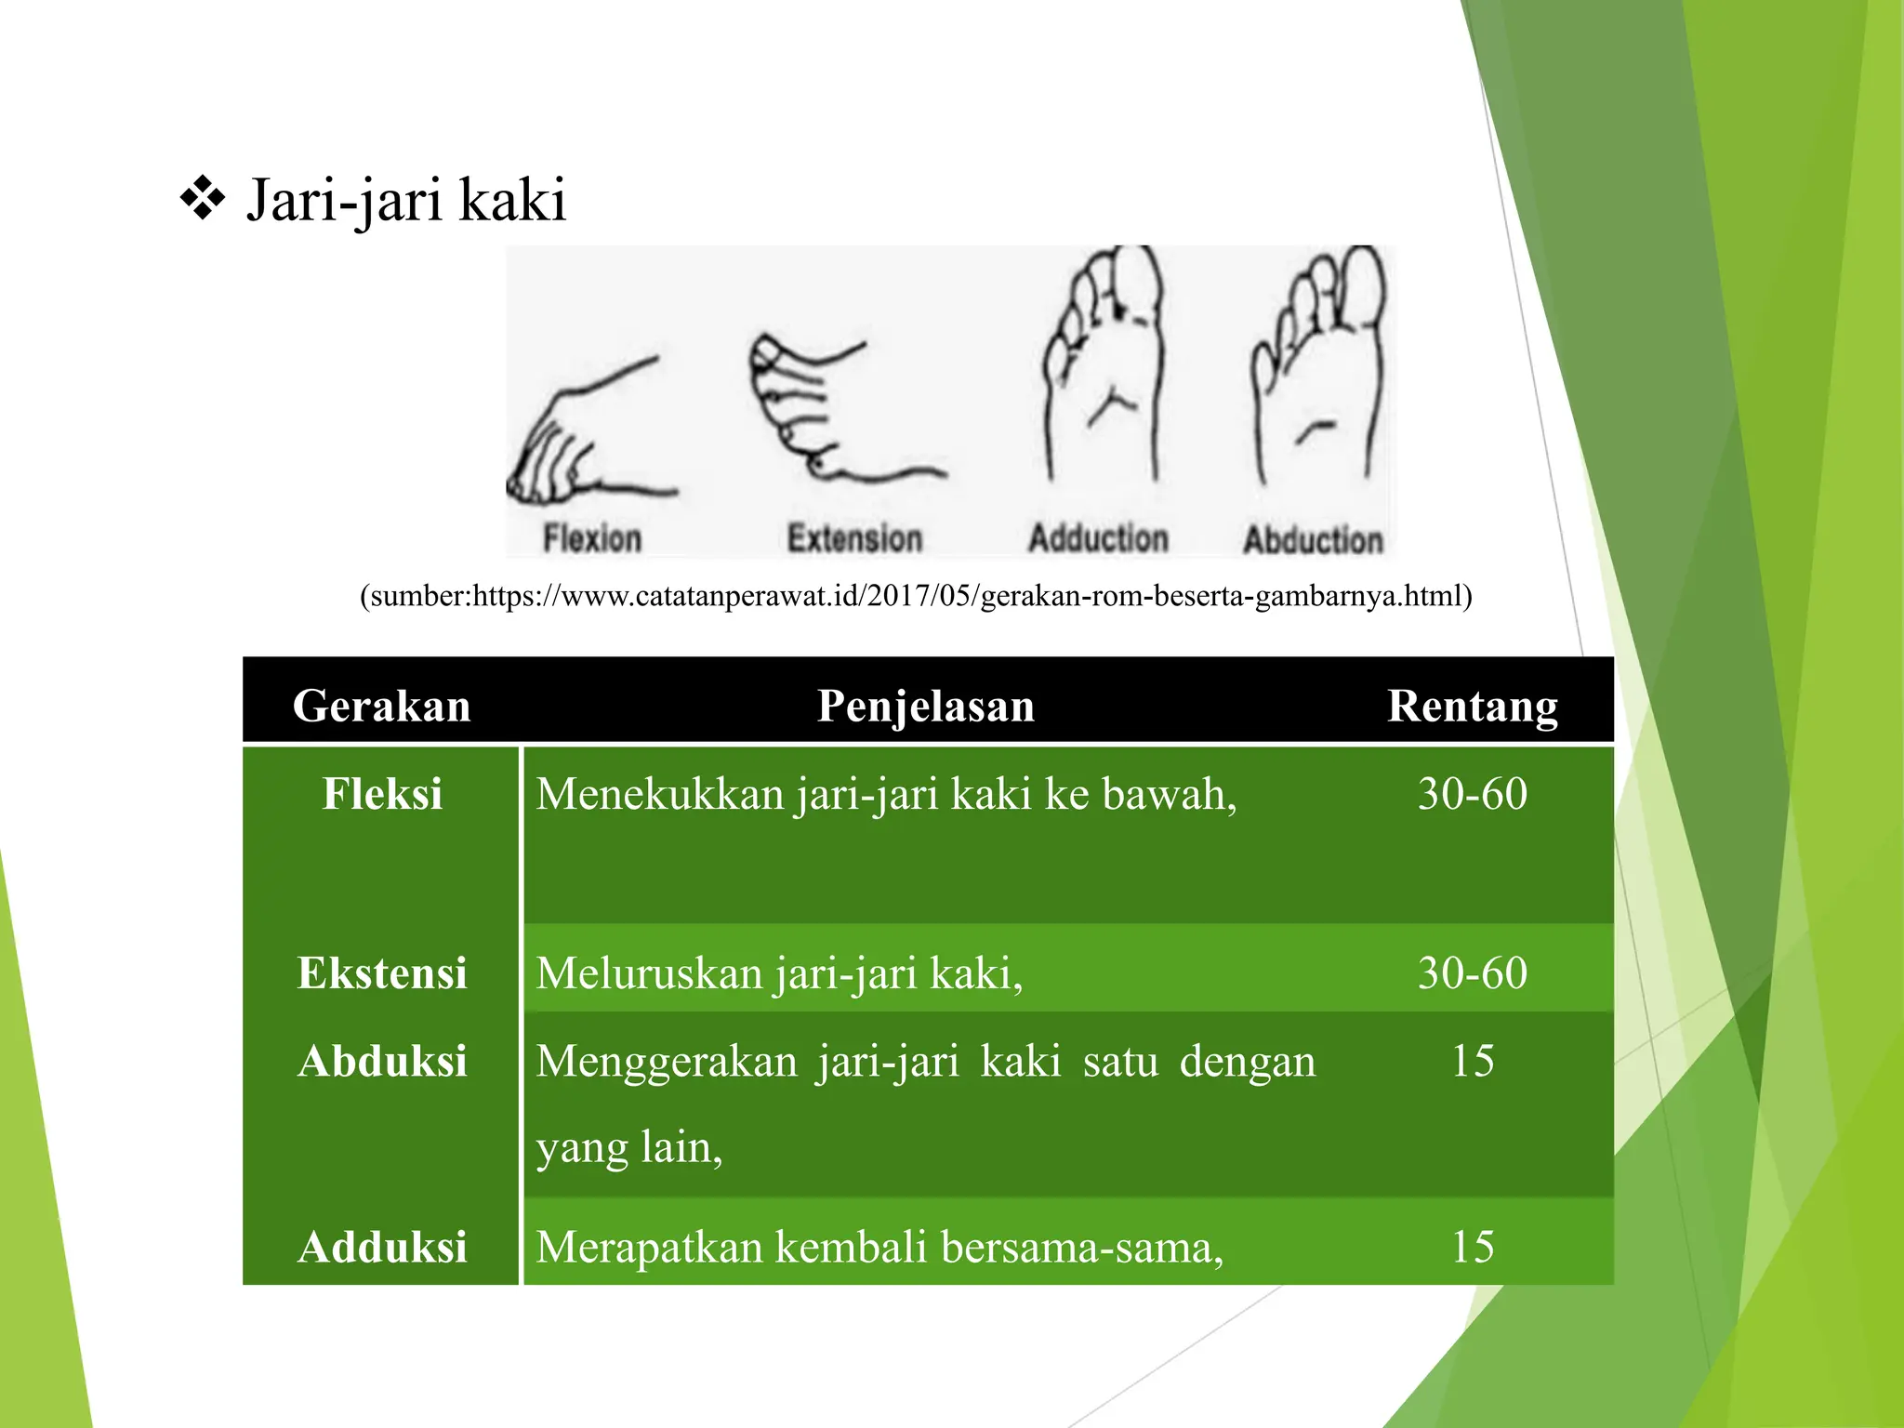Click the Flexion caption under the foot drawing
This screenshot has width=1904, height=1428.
click(592, 538)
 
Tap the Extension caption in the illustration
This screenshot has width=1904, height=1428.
click(854, 538)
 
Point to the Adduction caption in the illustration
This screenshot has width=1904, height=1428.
click(1098, 538)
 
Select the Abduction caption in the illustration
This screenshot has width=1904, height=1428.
click(1314, 539)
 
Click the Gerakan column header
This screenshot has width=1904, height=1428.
click(382, 706)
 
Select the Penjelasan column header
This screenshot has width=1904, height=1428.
click(926, 706)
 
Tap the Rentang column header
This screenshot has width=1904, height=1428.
click(1473, 706)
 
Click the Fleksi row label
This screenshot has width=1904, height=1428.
click(382, 794)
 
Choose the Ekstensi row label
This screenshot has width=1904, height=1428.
click(382, 973)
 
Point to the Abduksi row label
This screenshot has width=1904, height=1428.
click(382, 1061)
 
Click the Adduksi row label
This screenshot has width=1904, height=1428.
click(382, 1247)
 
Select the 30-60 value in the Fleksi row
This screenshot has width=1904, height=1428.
click(1473, 794)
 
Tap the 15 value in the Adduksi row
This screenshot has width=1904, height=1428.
click(1473, 1247)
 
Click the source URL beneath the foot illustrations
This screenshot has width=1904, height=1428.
click(916, 595)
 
